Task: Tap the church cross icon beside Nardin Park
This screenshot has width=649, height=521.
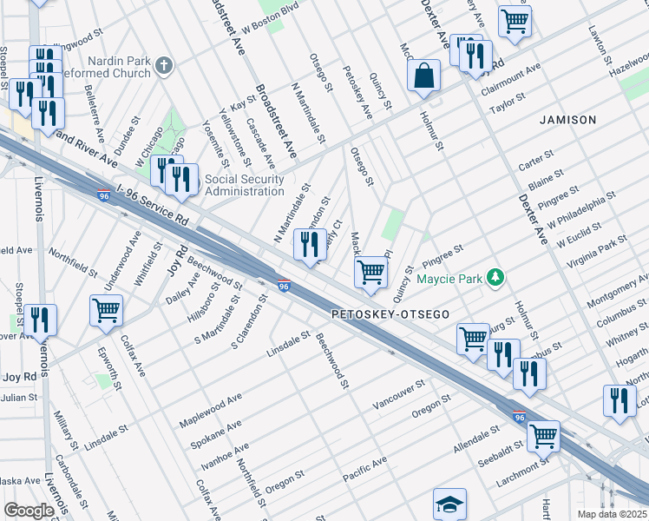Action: click(x=164, y=65)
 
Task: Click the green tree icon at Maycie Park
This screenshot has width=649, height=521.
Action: click(x=495, y=278)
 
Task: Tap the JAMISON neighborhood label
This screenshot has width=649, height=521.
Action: click(x=568, y=119)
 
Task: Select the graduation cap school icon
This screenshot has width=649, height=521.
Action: click(x=450, y=504)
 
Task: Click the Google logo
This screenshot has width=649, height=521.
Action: click(x=29, y=511)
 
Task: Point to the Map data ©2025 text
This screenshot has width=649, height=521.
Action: click(x=612, y=514)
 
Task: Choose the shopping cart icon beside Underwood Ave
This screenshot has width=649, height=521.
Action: click(x=106, y=310)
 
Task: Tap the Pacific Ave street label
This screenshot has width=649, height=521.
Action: click(x=364, y=467)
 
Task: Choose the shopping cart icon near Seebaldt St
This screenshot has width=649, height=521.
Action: click(x=543, y=436)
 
